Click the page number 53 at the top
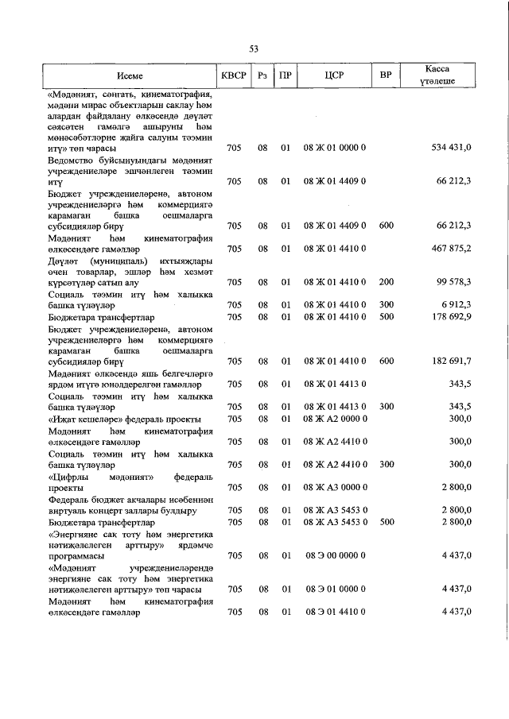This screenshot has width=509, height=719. (x=254, y=49)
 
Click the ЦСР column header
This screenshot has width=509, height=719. (x=333, y=76)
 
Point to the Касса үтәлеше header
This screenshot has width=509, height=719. (x=437, y=76)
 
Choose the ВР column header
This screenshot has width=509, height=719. (x=386, y=76)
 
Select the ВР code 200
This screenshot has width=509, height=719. (x=386, y=282)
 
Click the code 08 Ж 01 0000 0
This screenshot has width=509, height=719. (x=335, y=148)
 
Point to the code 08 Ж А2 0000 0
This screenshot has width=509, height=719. (x=335, y=419)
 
